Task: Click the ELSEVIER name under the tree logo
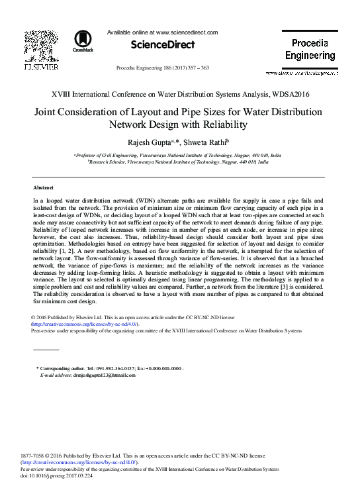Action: pos(40,67)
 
